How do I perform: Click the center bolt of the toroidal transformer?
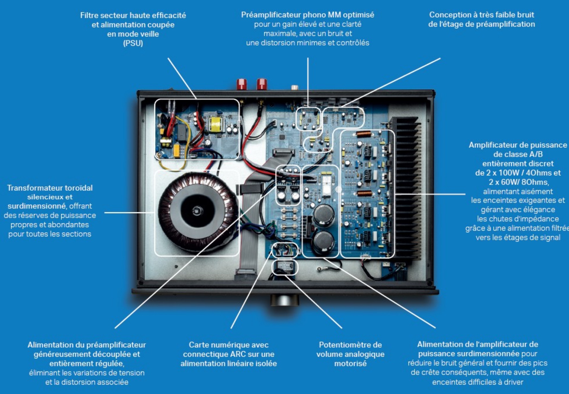pos(197,210)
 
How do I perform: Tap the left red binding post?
pos(241,84)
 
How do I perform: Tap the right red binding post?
pos(262,84)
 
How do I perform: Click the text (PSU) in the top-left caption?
pos(133,43)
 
